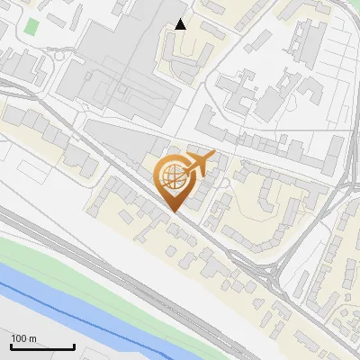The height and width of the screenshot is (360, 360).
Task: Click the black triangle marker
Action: point(182,24)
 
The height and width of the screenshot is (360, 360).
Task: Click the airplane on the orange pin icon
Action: point(200,162)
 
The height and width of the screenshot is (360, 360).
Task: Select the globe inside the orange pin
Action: point(174,175)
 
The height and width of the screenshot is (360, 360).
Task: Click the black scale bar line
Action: point(42,346)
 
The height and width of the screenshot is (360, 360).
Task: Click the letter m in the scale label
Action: point(33,338)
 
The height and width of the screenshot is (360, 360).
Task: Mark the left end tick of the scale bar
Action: point(11,345)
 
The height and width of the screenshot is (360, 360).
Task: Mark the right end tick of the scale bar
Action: point(74,345)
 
